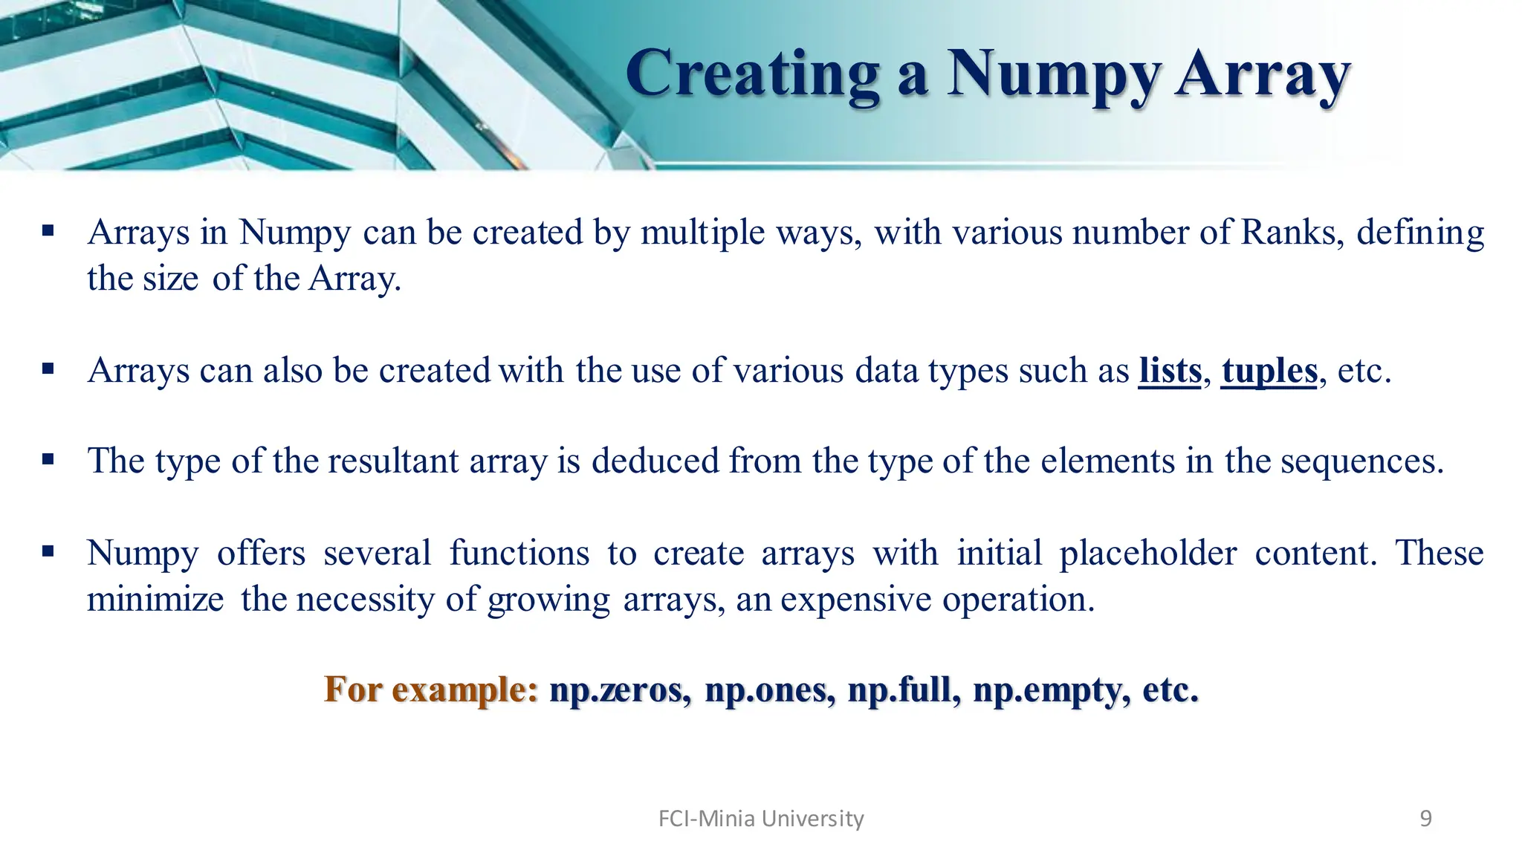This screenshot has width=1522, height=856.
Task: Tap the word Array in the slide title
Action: coord(1263,74)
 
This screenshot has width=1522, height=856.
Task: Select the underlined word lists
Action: coord(1170,370)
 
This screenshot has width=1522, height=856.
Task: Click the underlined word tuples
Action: coord(1269,370)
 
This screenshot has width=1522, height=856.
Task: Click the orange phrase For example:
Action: coord(431,690)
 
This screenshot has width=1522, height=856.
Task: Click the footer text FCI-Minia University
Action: coord(761,819)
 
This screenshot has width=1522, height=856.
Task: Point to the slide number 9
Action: coord(1425,819)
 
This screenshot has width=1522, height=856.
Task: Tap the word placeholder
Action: coord(1147,553)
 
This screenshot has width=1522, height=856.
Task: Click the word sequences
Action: coord(1361,461)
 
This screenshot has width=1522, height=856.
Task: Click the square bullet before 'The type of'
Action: coord(48,459)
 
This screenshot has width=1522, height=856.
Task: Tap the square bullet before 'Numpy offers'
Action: coord(48,551)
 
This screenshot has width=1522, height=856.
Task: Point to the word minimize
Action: coord(155,599)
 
